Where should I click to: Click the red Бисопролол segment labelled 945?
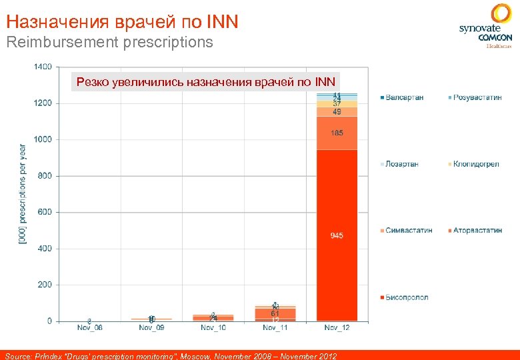(337, 235)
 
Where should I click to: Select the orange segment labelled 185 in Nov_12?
(337, 133)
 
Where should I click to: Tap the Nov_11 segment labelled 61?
(275, 313)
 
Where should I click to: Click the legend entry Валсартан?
(404, 97)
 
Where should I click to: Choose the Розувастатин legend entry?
(477, 97)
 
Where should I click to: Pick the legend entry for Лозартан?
(402, 164)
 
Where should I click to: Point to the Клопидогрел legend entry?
(476, 164)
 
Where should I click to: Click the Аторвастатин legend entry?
(477, 230)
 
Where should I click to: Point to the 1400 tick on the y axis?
(42, 67)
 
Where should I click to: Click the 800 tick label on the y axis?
(44, 176)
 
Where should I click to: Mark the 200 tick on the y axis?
(44, 285)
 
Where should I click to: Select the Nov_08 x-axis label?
(89, 328)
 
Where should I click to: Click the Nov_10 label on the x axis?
(213, 328)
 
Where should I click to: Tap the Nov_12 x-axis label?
(337, 328)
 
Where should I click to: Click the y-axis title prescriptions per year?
(23, 193)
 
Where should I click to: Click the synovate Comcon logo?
(485, 26)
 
